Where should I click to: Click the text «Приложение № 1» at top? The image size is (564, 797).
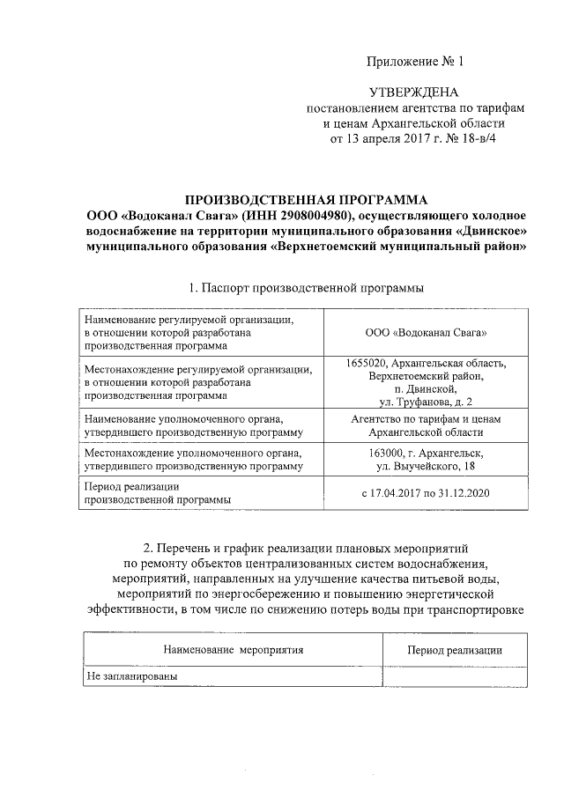click(413, 62)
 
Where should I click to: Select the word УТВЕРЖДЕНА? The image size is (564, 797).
click(413, 92)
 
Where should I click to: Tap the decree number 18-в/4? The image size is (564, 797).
click(476, 138)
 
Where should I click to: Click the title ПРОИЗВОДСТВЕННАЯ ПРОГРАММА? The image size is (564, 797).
click(306, 200)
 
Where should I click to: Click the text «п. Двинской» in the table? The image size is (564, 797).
click(426, 388)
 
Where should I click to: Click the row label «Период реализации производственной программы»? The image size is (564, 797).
click(158, 493)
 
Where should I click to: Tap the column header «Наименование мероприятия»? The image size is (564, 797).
click(233, 650)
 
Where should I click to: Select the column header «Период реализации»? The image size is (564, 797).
click(454, 650)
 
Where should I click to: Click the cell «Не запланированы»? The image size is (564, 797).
click(131, 676)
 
